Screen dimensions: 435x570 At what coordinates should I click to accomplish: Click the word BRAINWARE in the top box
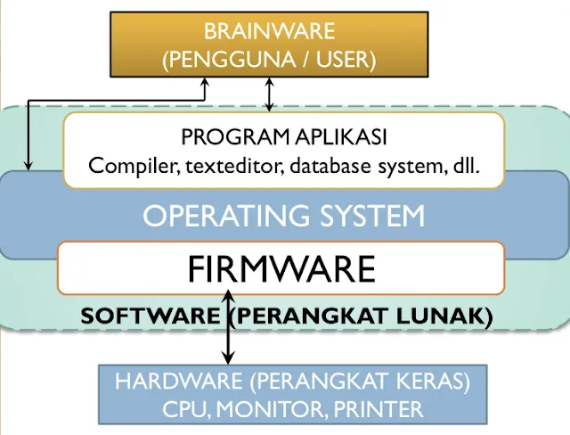[269, 32]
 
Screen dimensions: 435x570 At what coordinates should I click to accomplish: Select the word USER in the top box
[339, 61]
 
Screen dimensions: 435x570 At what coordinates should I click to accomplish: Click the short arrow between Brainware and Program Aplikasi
[270, 94]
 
